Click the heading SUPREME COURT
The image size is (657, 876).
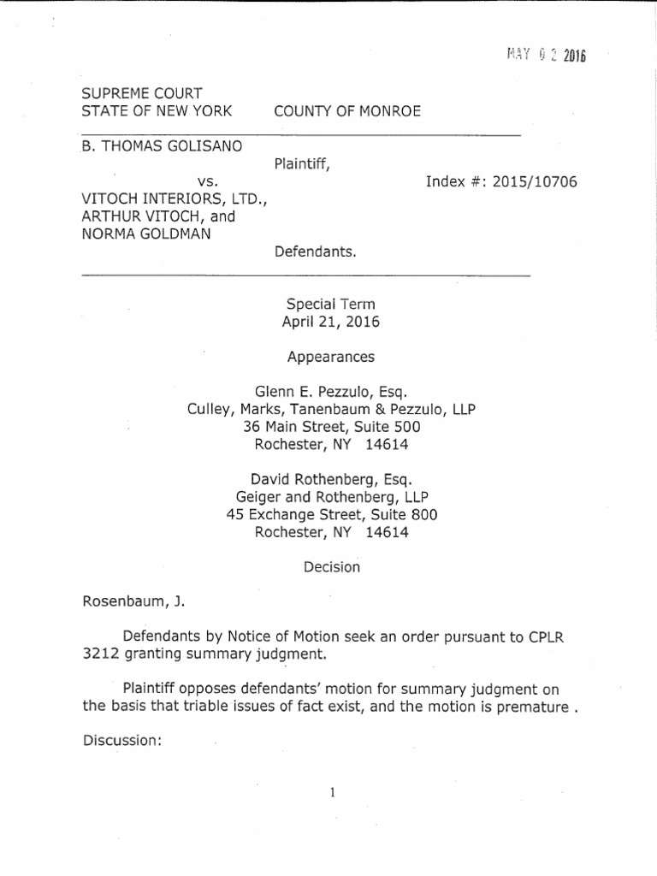(141, 93)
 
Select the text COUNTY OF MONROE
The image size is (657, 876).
(346, 112)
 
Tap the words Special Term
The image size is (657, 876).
(330, 305)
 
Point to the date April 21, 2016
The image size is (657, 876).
(330, 323)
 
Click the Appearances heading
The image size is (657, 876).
(330, 357)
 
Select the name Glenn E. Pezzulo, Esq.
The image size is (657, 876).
(330, 392)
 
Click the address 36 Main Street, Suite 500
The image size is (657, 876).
(330, 427)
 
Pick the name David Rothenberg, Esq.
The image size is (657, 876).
(330, 480)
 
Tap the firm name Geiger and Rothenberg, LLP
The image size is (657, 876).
(331, 497)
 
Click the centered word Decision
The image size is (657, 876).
(331, 567)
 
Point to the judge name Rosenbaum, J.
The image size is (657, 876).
(133, 602)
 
